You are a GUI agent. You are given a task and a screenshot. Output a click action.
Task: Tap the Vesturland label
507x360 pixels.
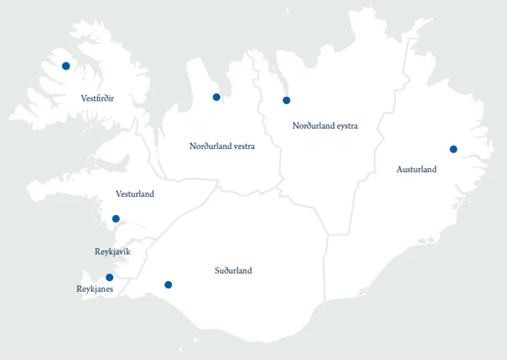click(134, 194)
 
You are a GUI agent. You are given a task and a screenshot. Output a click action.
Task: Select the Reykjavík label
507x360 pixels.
click(113, 252)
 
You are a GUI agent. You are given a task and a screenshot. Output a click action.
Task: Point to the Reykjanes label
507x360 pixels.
click(94, 289)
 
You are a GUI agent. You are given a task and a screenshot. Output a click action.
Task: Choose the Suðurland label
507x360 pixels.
click(233, 271)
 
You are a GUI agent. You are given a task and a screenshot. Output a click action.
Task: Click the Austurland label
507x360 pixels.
click(416, 169)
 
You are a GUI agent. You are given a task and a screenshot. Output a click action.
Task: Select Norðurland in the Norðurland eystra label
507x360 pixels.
click(313, 126)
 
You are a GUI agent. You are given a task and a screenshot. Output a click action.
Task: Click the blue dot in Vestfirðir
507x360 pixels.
click(66, 66)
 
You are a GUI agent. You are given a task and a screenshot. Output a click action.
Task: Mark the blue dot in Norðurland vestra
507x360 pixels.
click(217, 97)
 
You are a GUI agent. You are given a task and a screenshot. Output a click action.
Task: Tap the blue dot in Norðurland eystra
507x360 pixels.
click(286, 101)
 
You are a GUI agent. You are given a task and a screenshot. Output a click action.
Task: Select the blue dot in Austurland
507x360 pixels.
click(453, 149)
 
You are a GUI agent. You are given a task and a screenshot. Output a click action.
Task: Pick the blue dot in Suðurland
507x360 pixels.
click(168, 285)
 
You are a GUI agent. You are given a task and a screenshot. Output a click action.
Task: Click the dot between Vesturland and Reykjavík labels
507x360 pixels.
click(116, 219)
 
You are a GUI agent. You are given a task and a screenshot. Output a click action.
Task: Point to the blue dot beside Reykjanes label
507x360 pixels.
click(109, 278)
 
